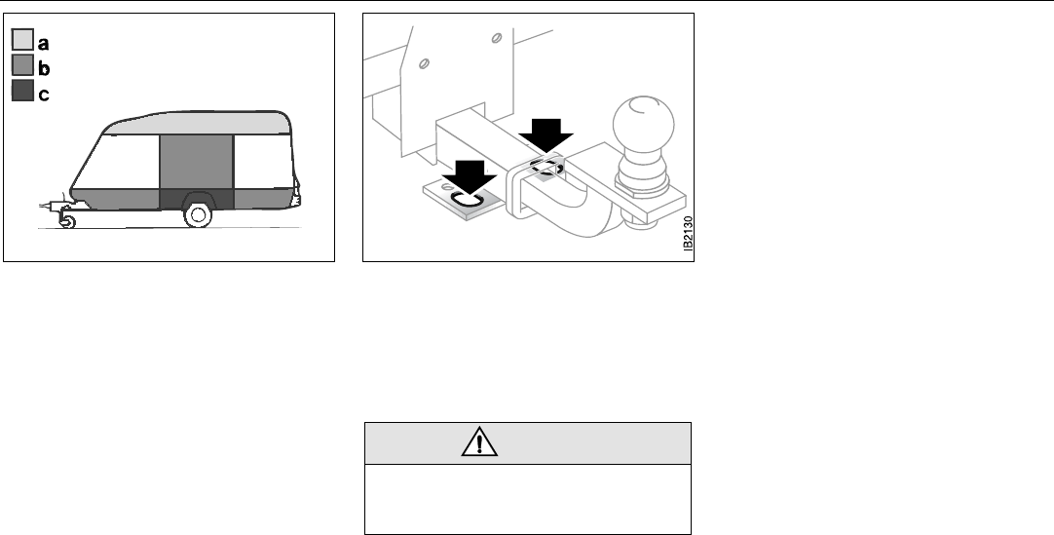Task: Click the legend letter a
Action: pyautogui.click(x=44, y=42)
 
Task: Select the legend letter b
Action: pyautogui.click(x=44, y=68)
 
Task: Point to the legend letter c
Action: pyautogui.click(x=44, y=95)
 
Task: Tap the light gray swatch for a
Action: pyautogui.click(x=23, y=41)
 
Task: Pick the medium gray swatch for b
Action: pyautogui.click(x=23, y=67)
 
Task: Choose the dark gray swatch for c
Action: pyautogui.click(x=23, y=94)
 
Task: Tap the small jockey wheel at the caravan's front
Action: pyautogui.click(x=67, y=223)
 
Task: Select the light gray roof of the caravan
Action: pyautogui.click(x=195, y=123)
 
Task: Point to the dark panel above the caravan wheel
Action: pyautogui.click(x=196, y=197)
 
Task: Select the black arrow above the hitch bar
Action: pyautogui.click(x=547, y=129)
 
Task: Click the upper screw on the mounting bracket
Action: pyautogui.click(x=497, y=38)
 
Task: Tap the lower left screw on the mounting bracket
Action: pyautogui.click(x=425, y=65)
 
